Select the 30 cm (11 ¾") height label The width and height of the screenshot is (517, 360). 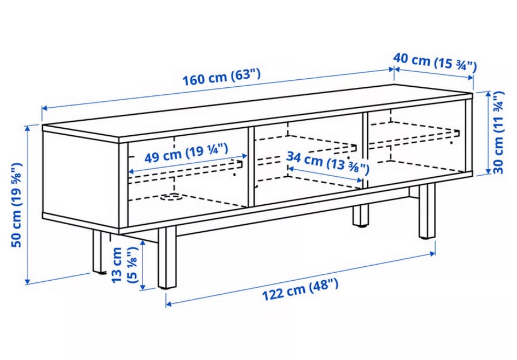click(498, 133)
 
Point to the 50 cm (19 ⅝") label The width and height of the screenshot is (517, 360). click(17, 205)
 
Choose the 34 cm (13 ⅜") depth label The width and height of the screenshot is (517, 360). click(328, 163)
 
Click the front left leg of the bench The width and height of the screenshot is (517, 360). click(167, 258)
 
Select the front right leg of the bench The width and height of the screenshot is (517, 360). click(427, 211)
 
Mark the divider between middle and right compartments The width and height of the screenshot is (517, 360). click(365, 150)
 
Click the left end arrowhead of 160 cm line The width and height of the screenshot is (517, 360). click(44, 108)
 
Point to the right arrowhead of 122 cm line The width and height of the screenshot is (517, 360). click(432, 253)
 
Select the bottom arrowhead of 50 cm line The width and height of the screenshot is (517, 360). click(27, 281)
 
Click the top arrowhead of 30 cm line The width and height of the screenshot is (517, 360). click(488, 94)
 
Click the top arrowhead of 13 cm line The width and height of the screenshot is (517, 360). click(143, 243)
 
